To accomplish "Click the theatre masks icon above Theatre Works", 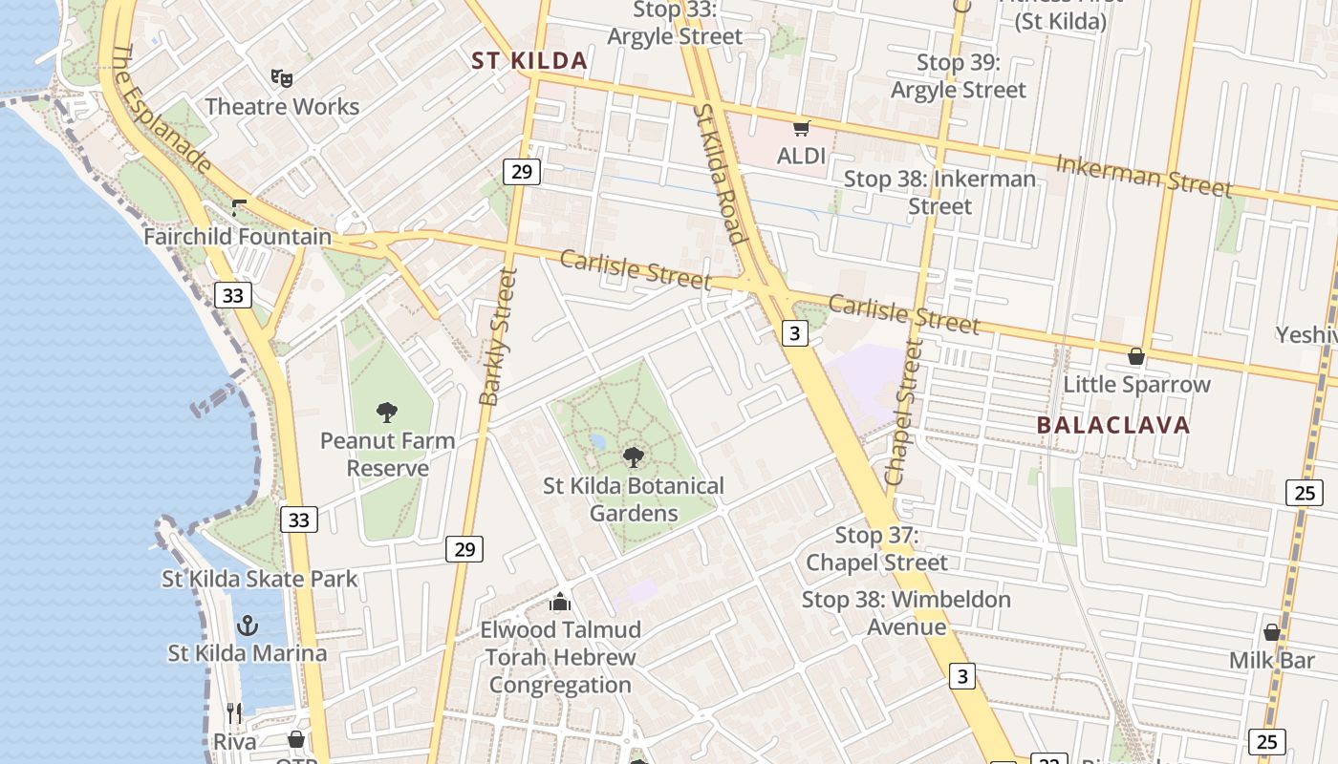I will [x=281, y=77].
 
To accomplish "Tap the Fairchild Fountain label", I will [x=238, y=236].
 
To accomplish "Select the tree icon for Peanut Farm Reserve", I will [x=387, y=413].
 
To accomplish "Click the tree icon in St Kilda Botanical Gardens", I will [x=633, y=457].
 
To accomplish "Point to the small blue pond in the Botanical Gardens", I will [x=598, y=442].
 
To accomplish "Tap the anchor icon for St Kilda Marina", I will [x=248, y=626].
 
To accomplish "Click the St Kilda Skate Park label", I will [x=260, y=579].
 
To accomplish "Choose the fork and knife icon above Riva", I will [x=234, y=712].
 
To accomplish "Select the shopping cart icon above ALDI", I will [x=801, y=128].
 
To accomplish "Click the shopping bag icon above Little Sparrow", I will [x=1136, y=356].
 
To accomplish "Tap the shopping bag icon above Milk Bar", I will [x=1272, y=632].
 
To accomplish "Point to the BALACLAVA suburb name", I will [x=1113, y=425].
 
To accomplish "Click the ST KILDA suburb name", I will [x=529, y=61].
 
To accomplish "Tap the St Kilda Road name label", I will [x=718, y=172].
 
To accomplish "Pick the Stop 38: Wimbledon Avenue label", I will [x=906, y=613].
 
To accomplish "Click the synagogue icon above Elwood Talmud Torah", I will [x=560, y=602].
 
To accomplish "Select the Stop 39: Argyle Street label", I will [x=958, y=76].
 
